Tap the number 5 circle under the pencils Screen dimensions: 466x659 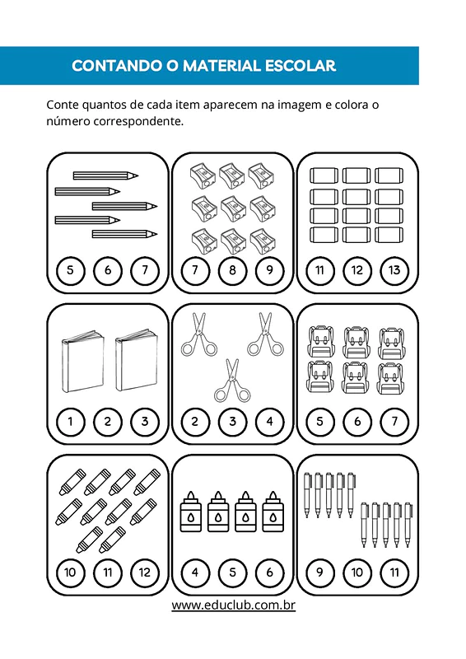70,270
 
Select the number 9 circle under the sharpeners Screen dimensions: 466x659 270,270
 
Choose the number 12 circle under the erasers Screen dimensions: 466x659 357,270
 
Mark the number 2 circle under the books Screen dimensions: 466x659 108,421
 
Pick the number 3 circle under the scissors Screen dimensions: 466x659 232,421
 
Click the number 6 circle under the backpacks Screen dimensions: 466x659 357,421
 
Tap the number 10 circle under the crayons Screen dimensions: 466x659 70,572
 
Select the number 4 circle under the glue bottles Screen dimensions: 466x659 195,572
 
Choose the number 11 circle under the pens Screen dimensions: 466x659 394,572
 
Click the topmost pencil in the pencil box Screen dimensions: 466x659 106,175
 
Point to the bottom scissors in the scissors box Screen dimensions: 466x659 232,381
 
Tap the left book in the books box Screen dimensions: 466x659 82,362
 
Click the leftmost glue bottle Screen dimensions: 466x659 191,511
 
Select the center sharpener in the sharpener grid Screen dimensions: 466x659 232,208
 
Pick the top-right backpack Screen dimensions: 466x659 391,344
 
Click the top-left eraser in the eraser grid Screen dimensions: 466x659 324,175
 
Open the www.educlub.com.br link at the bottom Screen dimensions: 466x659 233,605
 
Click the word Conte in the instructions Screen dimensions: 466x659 63,105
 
